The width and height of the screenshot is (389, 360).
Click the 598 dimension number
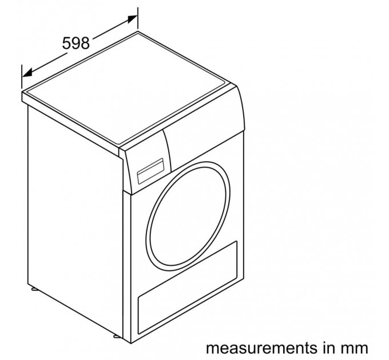(x=76, y=43)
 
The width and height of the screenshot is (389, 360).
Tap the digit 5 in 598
(x=66, y=43)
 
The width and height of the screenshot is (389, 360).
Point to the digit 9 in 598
(x=76, y=43)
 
